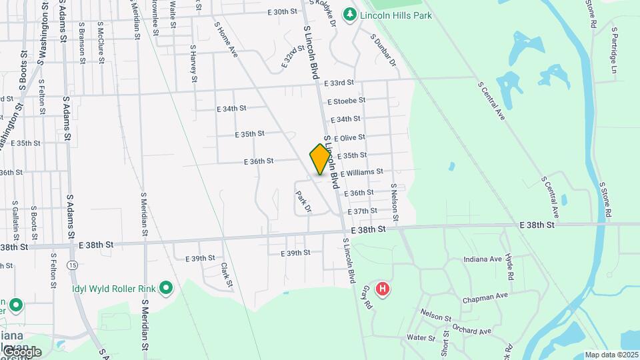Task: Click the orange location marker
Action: click(x=320, y=159)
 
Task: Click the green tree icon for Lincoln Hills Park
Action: click(x=349, y=13)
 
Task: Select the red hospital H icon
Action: click(x=383, y=289)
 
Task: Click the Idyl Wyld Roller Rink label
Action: click(x=114, y=289)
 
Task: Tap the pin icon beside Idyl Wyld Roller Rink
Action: click(x=166, y=289)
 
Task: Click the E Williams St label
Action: click(x=361, y=173)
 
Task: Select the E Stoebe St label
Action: click(x=347, y=101)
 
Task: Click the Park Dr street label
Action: click(x=303, y=202)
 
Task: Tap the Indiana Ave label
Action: click(x=483, y=259)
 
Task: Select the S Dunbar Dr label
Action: click(x=383, y=50)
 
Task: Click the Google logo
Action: click(x=21, y=351)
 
